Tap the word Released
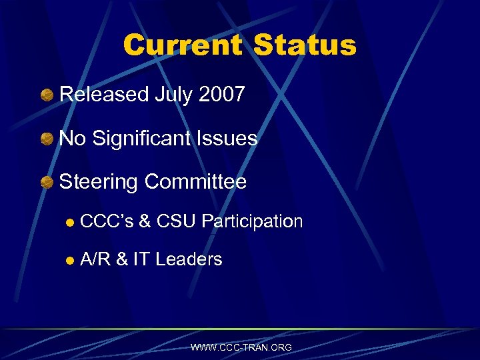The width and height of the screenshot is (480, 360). tap(103, 95)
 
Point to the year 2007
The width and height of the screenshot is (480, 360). tap(222, 95)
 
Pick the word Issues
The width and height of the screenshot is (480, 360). tap(233, 139)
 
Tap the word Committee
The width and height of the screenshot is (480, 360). tap(195, 182)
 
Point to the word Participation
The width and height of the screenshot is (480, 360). tap(252, 222)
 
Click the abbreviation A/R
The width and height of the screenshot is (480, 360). tap(95, 259)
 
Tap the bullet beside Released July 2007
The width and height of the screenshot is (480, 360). tap(47, 95)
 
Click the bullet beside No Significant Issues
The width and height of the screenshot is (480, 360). tap(47, 139)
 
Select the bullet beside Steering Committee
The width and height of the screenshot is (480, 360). tap(47, 182)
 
